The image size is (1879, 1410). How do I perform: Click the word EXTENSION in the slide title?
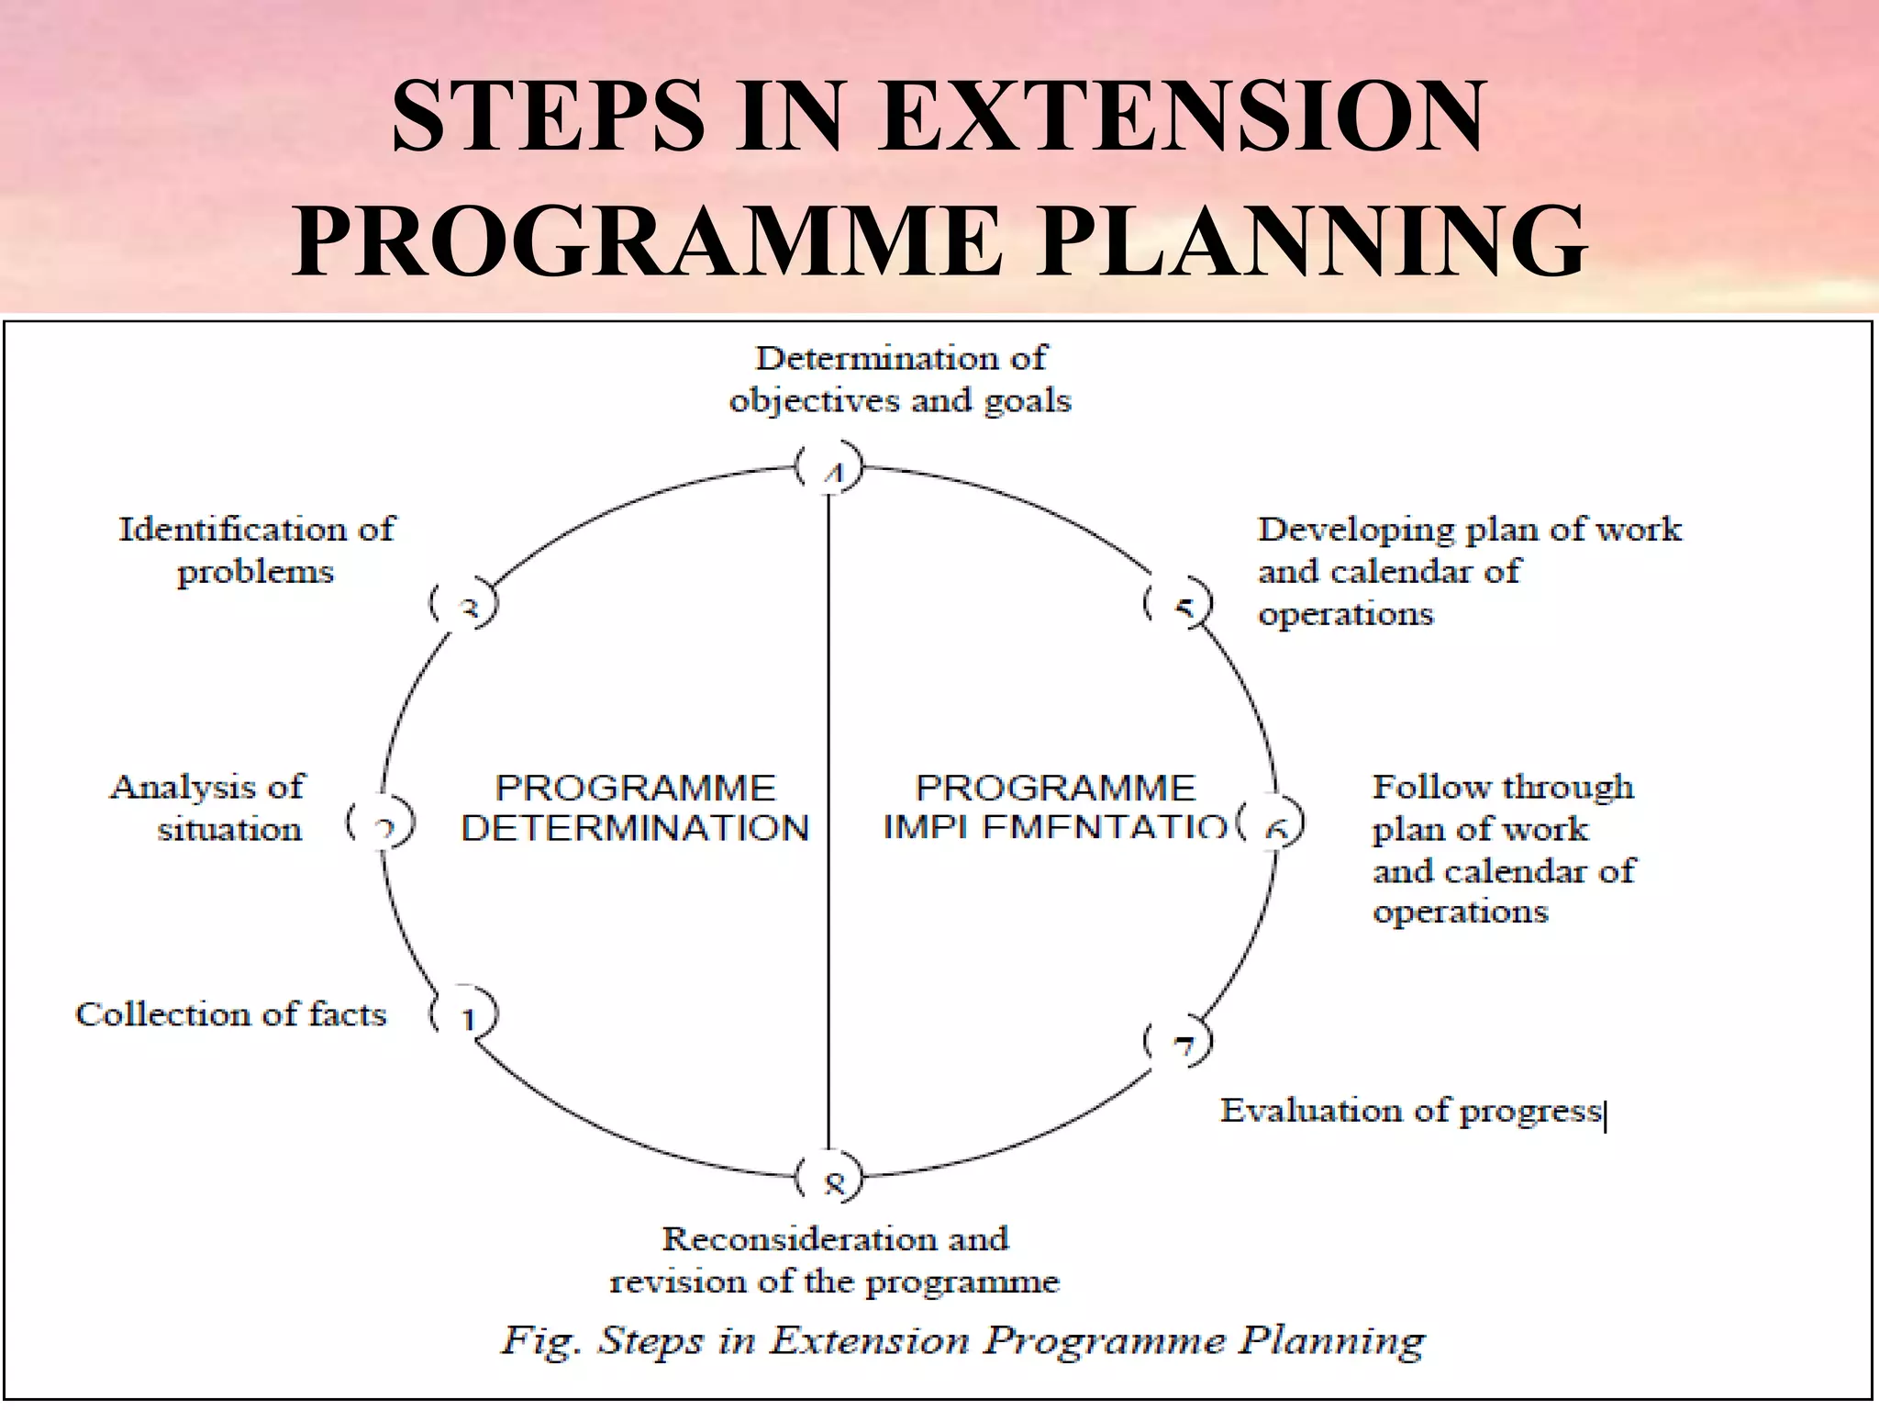coord(1181,117)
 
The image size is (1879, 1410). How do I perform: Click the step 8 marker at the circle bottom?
coord(830,1181)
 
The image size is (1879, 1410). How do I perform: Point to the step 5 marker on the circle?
coord(1179,606)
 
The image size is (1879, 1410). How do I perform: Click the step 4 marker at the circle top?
coord(830,469)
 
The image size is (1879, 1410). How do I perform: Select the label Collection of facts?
coord(231,1014)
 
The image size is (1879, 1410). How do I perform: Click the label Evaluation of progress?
coord(1410,1111)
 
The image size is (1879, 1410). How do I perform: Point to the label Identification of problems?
coord(256,550)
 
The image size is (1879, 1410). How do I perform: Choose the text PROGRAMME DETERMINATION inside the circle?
coord(635,808)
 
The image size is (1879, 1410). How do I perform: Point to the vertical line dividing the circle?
coord(829,826)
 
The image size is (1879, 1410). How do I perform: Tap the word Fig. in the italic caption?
coord(540,1342)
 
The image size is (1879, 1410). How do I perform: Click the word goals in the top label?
coord(1028,401)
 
